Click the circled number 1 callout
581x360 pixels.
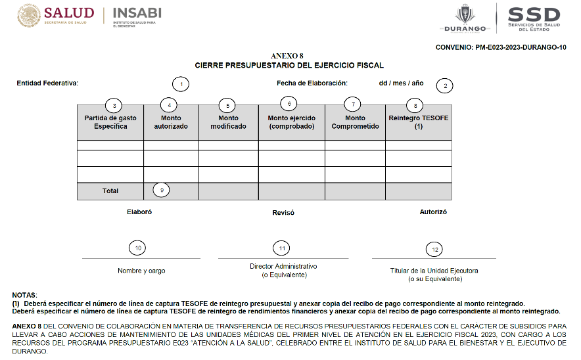tap(180, 84)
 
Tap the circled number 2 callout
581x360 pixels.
tap(445, 85)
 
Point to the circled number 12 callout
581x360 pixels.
tap(434, 249)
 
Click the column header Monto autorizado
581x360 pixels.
tap(171, 122)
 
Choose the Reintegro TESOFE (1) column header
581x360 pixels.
tap(419, 122)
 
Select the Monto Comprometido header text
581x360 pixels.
tap(355, 122)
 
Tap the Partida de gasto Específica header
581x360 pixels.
tap(110, 122)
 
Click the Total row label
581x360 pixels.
tap(110, 191)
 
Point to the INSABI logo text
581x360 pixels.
tap(137, 13)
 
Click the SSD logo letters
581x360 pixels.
tap(534, 14)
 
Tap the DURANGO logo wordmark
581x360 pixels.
tap(465, 29)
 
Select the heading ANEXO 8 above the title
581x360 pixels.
tap(287, 57)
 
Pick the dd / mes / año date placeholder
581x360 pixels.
tap(401, 83)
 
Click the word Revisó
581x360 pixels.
tap(283, 213)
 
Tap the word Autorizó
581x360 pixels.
tap(433, 212)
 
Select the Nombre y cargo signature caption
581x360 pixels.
tap(141, 271)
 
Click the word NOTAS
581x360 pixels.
tap(24, 296)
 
